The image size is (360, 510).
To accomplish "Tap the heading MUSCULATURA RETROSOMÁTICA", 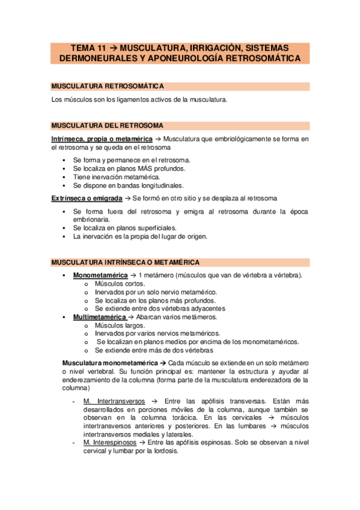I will tap(108, 87).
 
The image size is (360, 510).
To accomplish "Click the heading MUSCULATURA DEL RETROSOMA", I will tap(108, 126).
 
